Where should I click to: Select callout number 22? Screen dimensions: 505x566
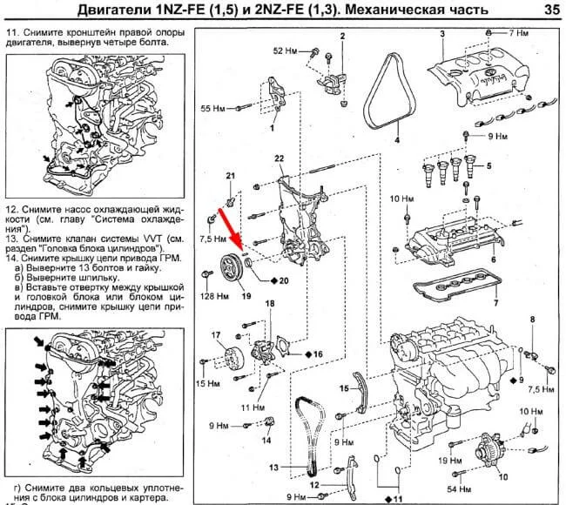pyautogui.click(x=279, y=158)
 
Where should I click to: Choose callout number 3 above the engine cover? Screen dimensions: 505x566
pyautogui.click(x=441, y=33)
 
